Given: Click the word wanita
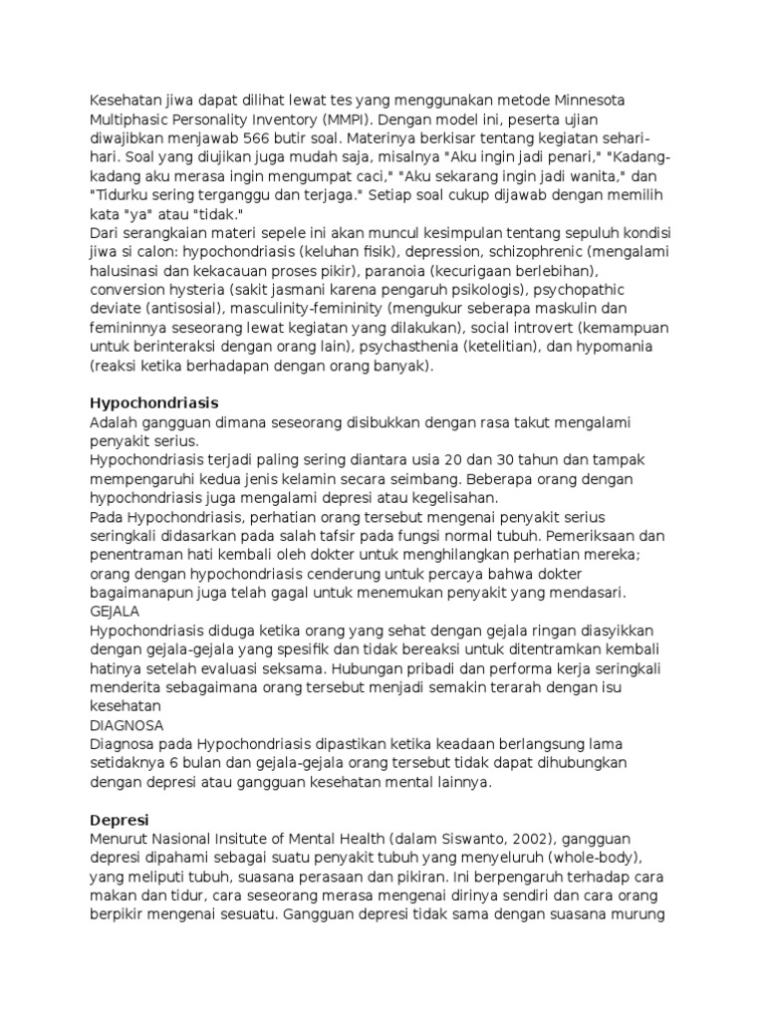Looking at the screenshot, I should click(546, 175).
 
